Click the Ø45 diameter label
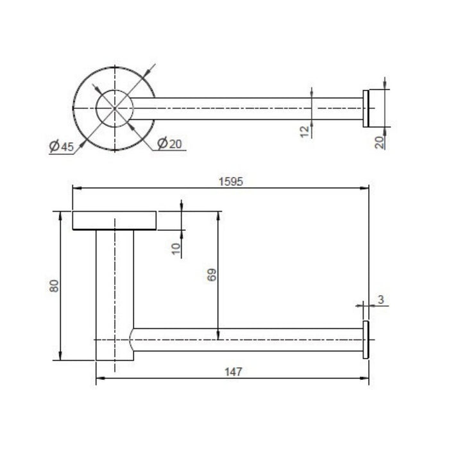(x=62, y=146)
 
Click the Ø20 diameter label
(x=169, y=143)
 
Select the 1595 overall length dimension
(x=231, y=182)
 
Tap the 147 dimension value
(x=233, y=372)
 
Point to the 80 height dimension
(x=54, y=286)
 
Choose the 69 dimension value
(x=212, y=275)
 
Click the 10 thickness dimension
(x=176, y=249)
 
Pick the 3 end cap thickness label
(x=381, y=300)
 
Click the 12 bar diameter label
(x=305, y=131)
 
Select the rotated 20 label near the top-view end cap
(x=380, y=142)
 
